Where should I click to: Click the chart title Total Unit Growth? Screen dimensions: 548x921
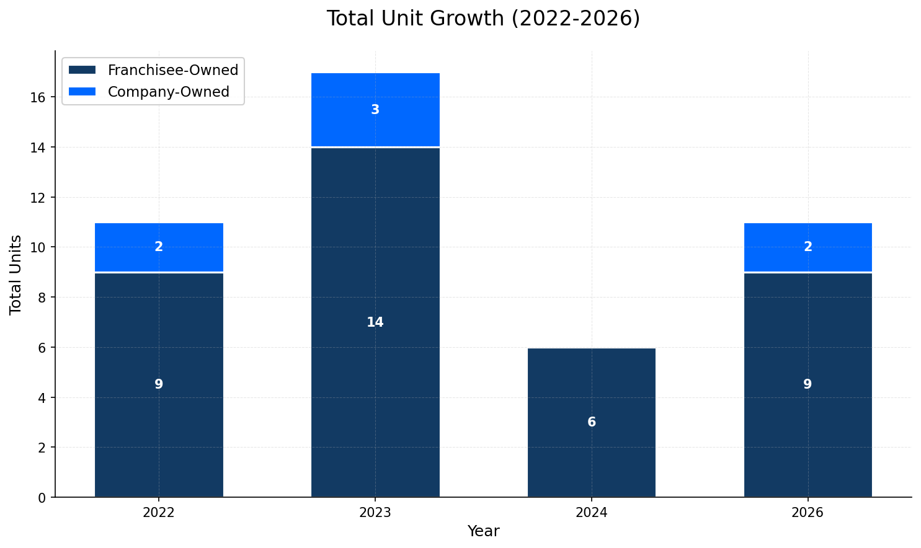(x=483, y=19)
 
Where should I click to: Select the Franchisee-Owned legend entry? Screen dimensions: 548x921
(x=172, y=70)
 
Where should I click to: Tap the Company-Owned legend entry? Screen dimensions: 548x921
(x=168, y=92)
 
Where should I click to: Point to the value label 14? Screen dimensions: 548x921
(x=375, y=322)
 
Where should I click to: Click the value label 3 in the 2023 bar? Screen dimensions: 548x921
(x=375, y=110)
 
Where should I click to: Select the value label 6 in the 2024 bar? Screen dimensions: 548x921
(x=592, y=423)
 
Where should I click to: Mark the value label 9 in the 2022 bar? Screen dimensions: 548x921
(x=159, y=384)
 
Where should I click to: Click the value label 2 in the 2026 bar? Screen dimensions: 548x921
(x=808, y=247)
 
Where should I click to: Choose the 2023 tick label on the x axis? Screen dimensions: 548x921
(x=375, y=513)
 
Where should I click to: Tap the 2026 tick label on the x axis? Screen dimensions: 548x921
(x=808, y=513)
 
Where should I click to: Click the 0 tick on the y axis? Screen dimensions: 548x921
(x=42, y=498)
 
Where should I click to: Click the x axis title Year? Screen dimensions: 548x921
(x=483, y=531)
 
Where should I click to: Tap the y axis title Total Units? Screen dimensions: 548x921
(x=16, y=275)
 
